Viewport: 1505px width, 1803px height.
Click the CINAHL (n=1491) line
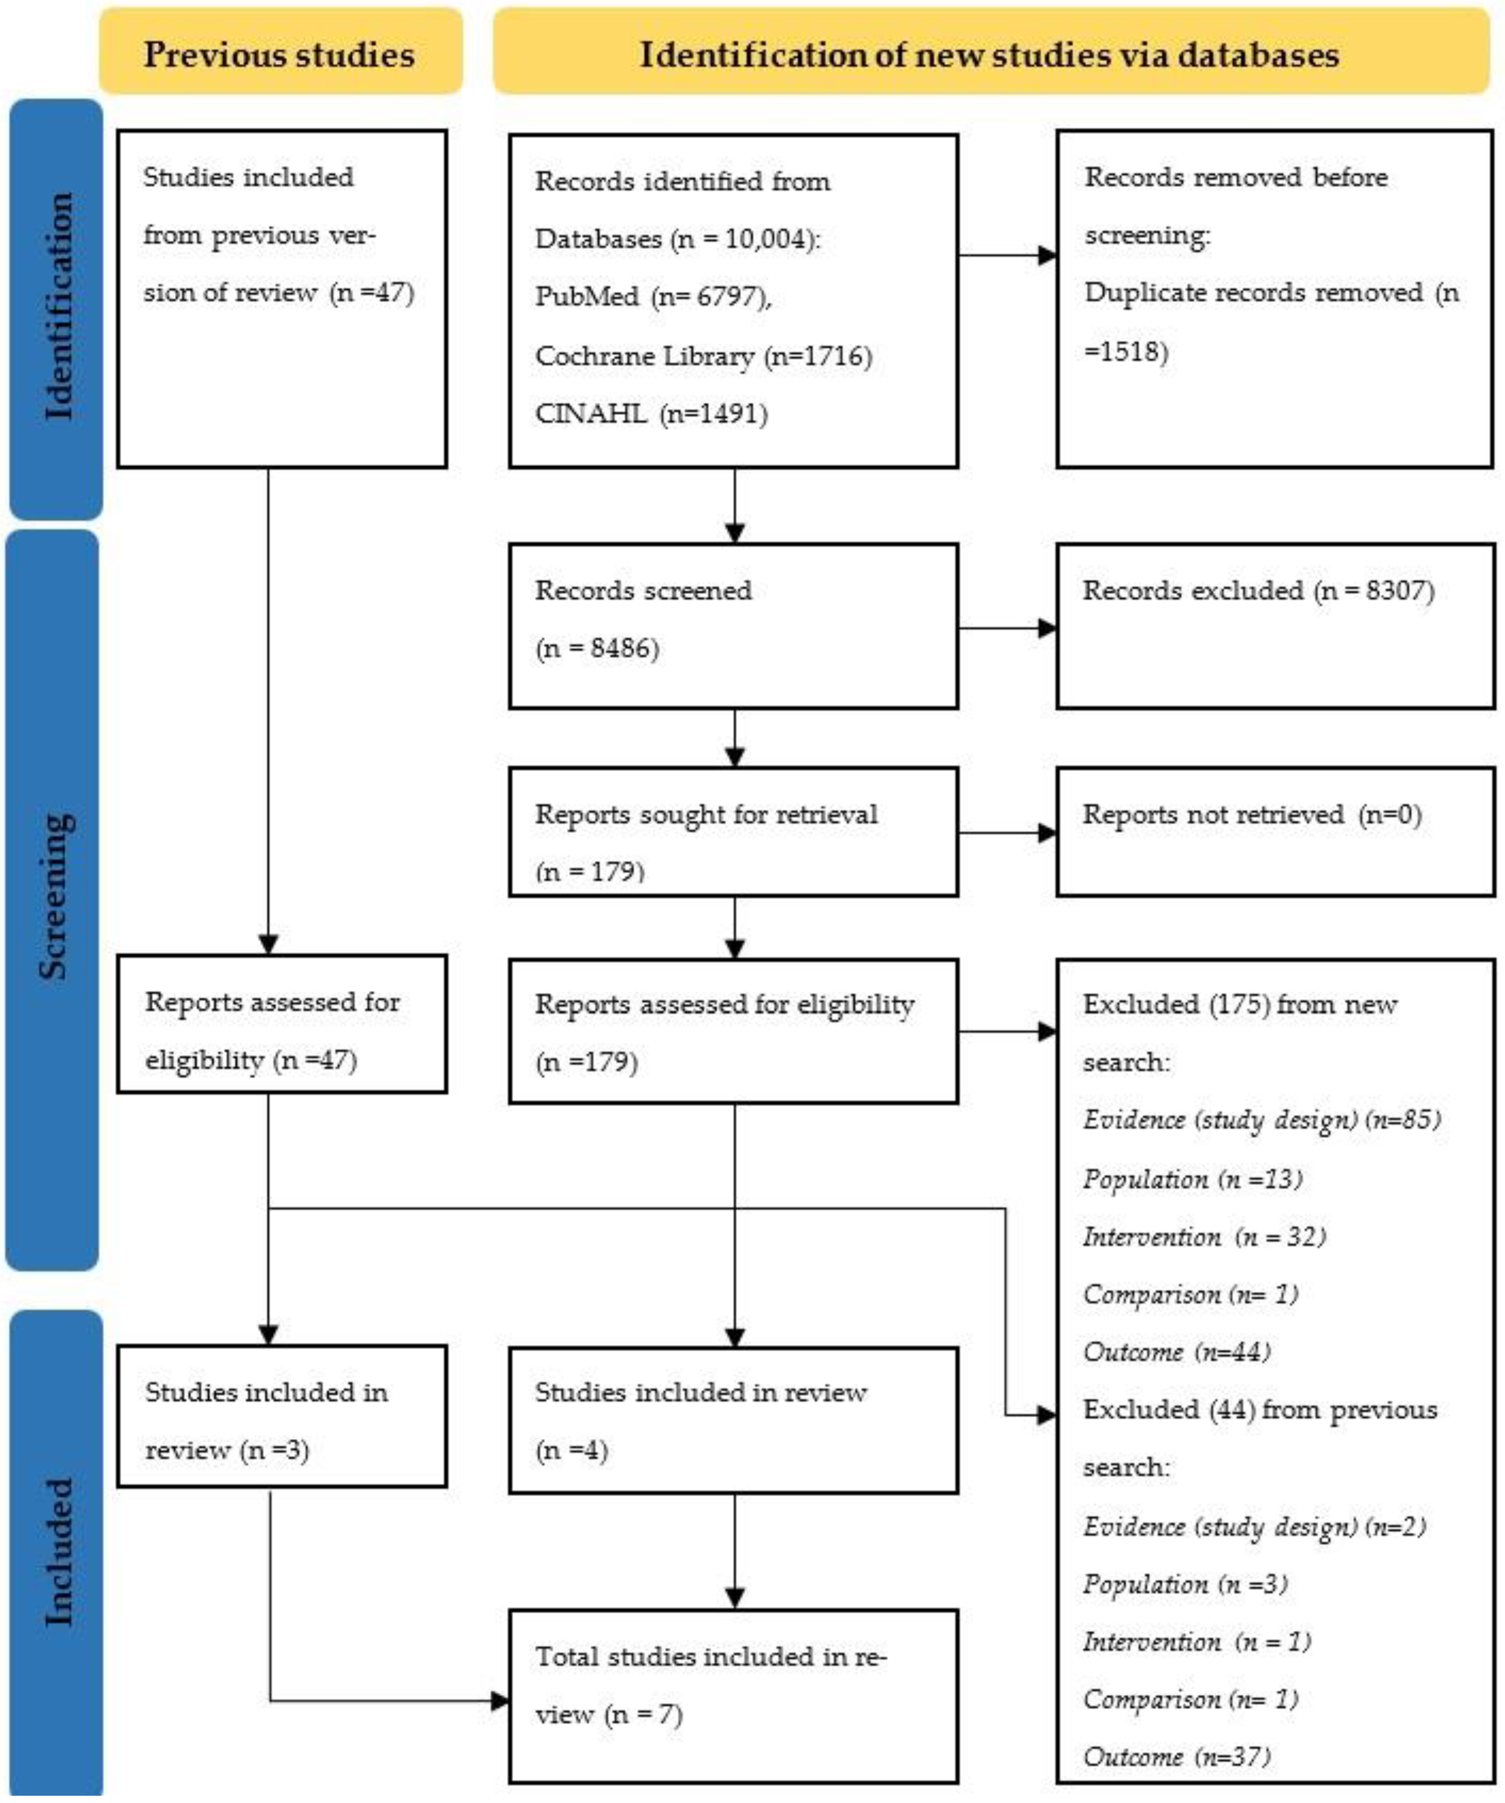(x=651, y=414)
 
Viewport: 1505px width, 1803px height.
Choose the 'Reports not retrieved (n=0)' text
(x=1251, y=814)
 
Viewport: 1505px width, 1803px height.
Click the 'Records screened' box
(x=733, y=625)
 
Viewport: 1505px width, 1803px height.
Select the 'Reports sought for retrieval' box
(x=733, y=831)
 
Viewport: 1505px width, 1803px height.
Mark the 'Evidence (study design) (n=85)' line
(x=1260, y=1119)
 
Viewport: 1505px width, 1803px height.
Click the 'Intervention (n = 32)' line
(x=1204, y=1236)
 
